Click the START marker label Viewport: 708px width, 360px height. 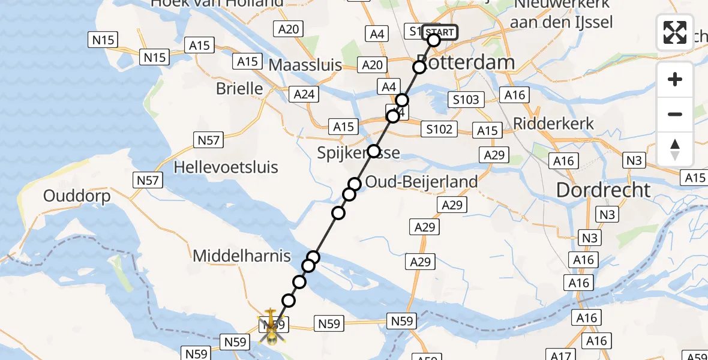click(440, 32)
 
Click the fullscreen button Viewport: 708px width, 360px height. click(675, 32)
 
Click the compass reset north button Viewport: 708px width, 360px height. click(675, 149)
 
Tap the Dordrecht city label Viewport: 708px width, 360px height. click(603, 190)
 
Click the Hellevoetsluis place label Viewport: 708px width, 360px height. click(226, 167)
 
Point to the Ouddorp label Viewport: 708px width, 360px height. click(77, 196)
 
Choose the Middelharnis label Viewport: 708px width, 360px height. click(241, 256)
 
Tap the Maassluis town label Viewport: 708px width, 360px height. click(305, 65)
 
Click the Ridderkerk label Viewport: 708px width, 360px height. click(553, 124)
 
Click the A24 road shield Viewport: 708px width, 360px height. click(304, 94)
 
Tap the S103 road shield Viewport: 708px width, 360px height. click(466, 100)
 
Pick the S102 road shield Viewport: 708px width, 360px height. click(439, 128)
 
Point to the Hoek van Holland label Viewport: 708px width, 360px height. click(217, 4)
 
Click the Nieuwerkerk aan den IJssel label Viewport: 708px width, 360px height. click(562, 13)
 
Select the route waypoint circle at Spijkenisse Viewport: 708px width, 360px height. click(374, 151)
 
